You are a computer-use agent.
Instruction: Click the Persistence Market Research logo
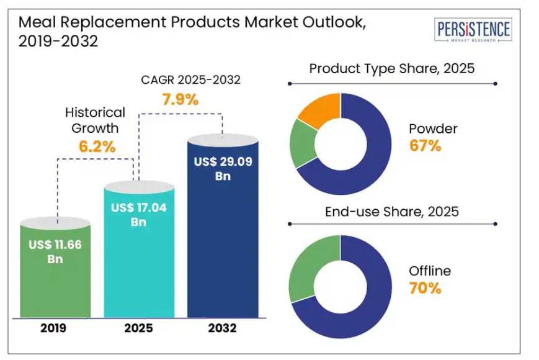click(x=473, y=30)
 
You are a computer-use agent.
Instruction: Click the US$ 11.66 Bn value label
click(x=55, y=251)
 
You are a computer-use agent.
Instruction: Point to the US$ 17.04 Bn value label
click(x=139, y=215)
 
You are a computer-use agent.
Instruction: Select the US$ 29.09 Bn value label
click(x=222, y=168)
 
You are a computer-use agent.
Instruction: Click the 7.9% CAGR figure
click(x=180, y=99)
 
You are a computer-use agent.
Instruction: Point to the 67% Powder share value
click(x=425, y=146)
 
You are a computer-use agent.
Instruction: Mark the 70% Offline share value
click(x=425, y=288)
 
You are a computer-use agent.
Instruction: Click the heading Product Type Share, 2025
click(x=391, y=68)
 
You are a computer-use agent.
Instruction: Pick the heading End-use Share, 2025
click(x=391, y=212)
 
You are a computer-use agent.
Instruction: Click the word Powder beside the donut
click(x=433, y=129)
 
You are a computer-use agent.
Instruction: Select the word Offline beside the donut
click(x=430, y=271)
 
